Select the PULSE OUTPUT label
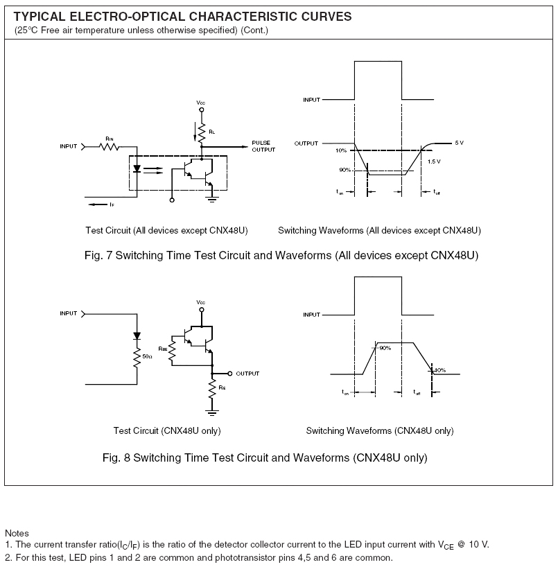coord(263,146)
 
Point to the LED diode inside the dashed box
coord(138,168)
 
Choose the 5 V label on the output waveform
coord(458,143)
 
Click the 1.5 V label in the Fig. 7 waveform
coord(434,162)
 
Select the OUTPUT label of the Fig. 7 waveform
coord(306,143)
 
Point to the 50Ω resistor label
coord(147,356)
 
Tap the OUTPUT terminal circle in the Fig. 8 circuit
coord(232,374)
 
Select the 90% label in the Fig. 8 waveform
coord(385,348)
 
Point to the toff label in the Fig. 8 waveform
coord(417,392)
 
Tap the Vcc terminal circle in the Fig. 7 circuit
coord(201,109)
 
